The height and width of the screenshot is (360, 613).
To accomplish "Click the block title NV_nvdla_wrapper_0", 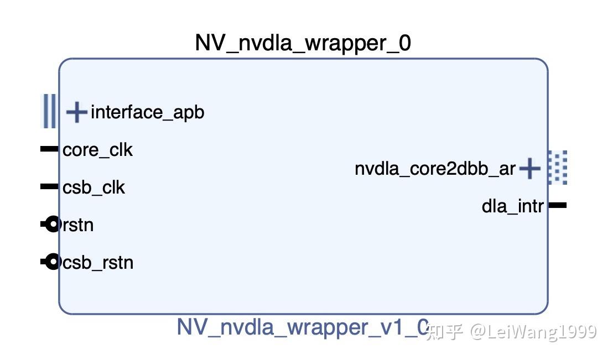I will point(303,43).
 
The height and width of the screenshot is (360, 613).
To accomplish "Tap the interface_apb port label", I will point(148,112).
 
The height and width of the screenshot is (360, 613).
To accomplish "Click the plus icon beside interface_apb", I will point(76,112).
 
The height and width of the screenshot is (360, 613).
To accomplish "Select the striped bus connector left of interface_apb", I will point(49,111).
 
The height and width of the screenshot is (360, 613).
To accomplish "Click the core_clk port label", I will point(98,150).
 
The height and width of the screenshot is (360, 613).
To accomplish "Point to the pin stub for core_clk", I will point(49,149).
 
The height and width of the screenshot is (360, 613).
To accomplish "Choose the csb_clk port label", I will point(94,187).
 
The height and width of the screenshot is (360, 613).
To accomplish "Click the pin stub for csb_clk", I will point(49,187).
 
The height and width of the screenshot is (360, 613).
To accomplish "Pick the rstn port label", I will point(77,225).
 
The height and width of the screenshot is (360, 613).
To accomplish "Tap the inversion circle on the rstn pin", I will point(52,225).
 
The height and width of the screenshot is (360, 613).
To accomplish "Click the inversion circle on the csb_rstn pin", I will point(52,262).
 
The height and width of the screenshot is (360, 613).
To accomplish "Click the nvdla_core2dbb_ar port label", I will point(435,169).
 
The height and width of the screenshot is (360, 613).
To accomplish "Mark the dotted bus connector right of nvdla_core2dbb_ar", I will point(558,167).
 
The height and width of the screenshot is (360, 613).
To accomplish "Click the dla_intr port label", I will point(513,206).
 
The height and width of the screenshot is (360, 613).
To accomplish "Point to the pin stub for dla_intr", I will point(557,205).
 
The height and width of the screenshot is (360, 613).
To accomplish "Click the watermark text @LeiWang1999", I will point(533,331).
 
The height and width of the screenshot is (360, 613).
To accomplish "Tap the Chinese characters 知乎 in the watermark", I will point(446,331).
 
